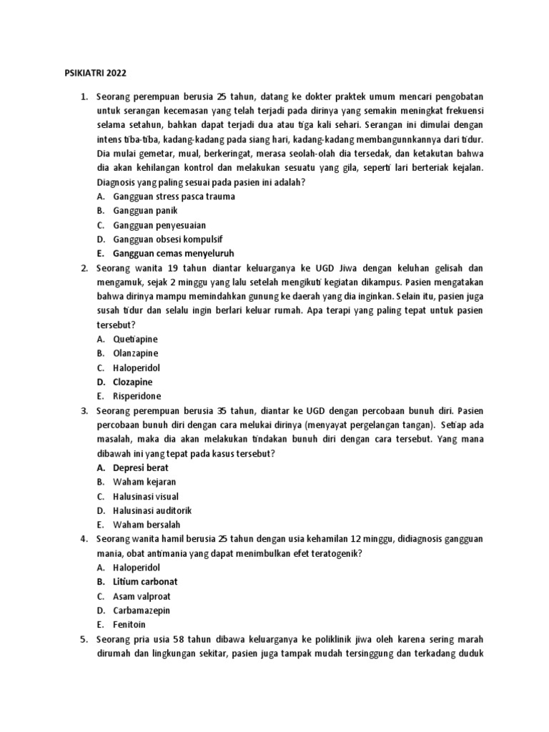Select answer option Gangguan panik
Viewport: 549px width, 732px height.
[x=145, y=210]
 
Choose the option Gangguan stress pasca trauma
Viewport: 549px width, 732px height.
[x=174, y=196]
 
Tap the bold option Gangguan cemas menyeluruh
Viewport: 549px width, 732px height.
[x=174, y=253]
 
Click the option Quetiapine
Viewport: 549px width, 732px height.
[x=136, y=339]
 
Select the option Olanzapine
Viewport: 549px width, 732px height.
[x=136, y=353]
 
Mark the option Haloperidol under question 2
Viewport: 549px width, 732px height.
[x=137, y=367]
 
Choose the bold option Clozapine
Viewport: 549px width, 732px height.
[x=133, y=382]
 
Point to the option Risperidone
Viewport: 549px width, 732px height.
[x=137, y=396]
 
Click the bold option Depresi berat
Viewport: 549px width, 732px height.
[x=141, y=468]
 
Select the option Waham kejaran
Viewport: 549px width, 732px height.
[x=144, y=482]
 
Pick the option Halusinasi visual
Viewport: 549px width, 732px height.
[x=146, y=496]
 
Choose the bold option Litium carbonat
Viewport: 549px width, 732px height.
[x=145, y=582]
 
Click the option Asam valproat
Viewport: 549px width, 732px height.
[x=142, y=596]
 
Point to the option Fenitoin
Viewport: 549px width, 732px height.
[x=129, y=625]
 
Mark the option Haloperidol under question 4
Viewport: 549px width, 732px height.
[x=137, y=568]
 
